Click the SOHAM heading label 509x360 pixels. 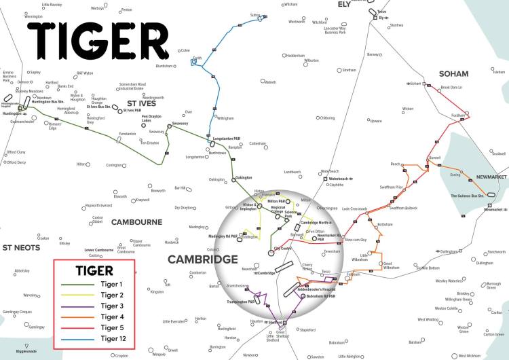pos(454,73)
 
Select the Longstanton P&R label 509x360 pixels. pos(228,139)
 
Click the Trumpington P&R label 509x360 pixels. pos(242,302)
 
